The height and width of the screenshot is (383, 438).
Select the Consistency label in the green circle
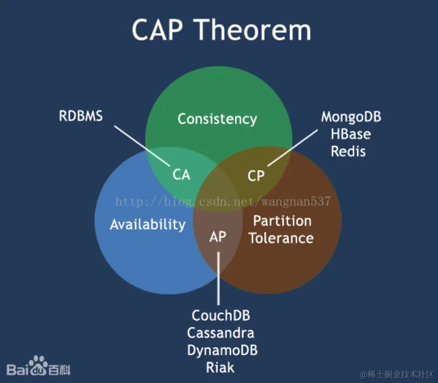(x=217, y=119)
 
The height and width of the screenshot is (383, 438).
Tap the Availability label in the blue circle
(x=148, y=225)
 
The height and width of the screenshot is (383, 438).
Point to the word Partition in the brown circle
(x=282, y=220)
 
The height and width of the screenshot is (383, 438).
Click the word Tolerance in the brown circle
(x=281, y=238)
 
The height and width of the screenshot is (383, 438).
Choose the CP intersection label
(x=256, y=175)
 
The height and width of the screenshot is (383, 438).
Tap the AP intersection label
(x=217, y=236)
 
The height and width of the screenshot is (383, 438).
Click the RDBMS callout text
(x=81, y=116)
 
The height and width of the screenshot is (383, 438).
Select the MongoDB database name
(x=351, y=117)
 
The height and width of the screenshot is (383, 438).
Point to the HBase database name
(x=351, y=134)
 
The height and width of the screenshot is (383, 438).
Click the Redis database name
(x=348, y=152)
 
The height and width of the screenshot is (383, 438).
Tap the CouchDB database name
(x=221, y=316)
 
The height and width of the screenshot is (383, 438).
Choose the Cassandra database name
(x=221, y=333)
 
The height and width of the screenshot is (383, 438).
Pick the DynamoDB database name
(x=222, y=350)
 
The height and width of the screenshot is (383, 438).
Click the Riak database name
(x=220, y=368)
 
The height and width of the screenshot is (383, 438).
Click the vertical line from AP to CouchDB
(x=218, y=279)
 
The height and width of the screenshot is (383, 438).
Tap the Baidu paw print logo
(x=38, y=365)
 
